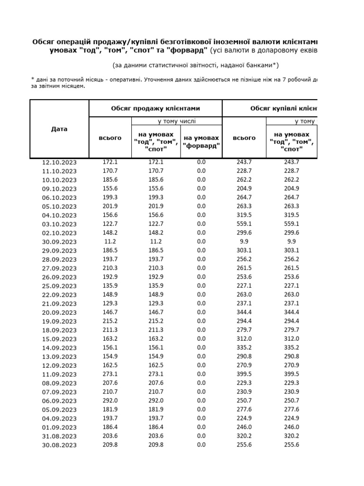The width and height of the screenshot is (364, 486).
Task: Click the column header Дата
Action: point(59,129)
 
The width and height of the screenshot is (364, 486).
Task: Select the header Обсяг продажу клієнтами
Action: point(155,108)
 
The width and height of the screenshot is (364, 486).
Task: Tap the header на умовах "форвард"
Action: point(201,141)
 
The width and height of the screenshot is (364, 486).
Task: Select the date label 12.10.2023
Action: point(59,162)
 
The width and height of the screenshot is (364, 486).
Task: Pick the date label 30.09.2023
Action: point(59,242)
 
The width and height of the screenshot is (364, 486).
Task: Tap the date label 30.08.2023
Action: point(59,445)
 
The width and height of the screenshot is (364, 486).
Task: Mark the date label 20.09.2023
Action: point(59,312)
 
